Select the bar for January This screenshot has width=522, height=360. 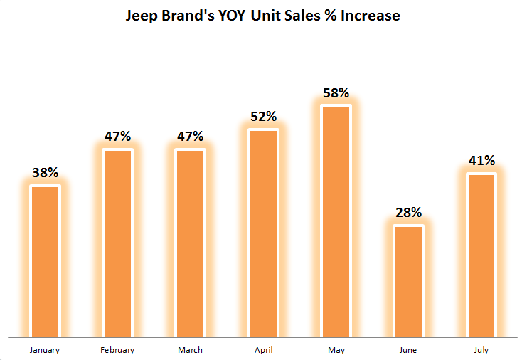pyautogui.click(x=45, y=260)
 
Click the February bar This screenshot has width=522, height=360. pyautogui.click(x=118, y=243)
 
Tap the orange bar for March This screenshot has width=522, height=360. pyautogui.click(x=191, y=243)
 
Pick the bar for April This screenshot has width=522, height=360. pyautogui.click(x=263, y=233)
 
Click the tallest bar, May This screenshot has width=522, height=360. pyautogui.click(x=336, y=221)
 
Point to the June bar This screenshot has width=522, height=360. pyautogui.click(x=408, y=280)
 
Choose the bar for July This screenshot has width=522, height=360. pyautogui.click(x=481, y=255)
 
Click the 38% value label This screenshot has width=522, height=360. pyautogui.click(x=45, y=172)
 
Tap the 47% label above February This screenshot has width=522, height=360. pyautogui.click(x=118, y=137)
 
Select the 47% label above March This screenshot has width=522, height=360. pyautogui.click(x=191, y=137)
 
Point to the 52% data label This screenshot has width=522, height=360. pyautogui.click(x=263, y=117)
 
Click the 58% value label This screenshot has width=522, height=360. pyautogui.click(x=336, y=92)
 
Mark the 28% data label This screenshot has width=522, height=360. pyautogui.click(x=409, y=212)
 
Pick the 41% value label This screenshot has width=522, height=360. pyautogui.click(x=481, y=161)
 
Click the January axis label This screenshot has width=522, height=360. pyautogui.click(x=45, y=350)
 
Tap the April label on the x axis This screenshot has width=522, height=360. pyautogui.click(x=263, y=350)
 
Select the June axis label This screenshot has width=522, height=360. pyautogui.click(x=408, y=350)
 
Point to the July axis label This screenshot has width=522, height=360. pyautogui.click(x=481, y=350)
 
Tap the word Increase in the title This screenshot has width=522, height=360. pyautogui.click(x=368, y=15)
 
